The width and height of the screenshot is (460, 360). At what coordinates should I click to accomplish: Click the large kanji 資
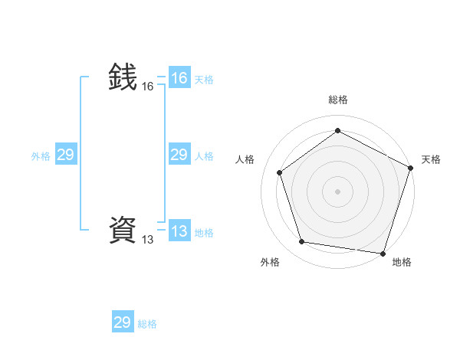(123, 230)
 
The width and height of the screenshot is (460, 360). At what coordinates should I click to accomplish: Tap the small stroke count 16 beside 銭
(147, 87)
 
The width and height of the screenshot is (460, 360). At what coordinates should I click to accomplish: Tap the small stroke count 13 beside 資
(147, 240)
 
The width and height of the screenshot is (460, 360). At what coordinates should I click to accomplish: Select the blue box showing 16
(179, 78)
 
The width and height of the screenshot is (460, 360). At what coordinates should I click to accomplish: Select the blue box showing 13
(179, 231)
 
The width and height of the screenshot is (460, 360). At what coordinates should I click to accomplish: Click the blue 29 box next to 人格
(179, 155)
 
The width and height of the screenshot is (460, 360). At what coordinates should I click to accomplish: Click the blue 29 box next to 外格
(65, 155)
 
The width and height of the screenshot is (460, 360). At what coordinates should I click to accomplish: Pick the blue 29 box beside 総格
(123, 322)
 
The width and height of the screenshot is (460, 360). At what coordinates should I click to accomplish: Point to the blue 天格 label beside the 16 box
(204, 80)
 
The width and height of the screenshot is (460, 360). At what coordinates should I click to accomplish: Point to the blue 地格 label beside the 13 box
(204, 233)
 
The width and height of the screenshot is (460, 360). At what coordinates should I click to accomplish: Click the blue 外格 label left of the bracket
(41, 156)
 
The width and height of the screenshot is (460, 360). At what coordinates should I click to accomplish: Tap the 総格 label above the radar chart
(338, 100)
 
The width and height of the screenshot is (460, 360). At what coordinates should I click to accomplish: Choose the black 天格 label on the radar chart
(431, 159)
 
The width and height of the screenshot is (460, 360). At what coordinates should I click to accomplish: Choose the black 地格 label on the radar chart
(402, 262)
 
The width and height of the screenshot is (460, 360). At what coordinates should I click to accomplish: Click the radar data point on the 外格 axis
(302, 242)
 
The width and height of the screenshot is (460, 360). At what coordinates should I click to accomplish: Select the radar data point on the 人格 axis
(280, 172)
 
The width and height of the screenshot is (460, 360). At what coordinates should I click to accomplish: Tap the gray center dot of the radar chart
(337, 191)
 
